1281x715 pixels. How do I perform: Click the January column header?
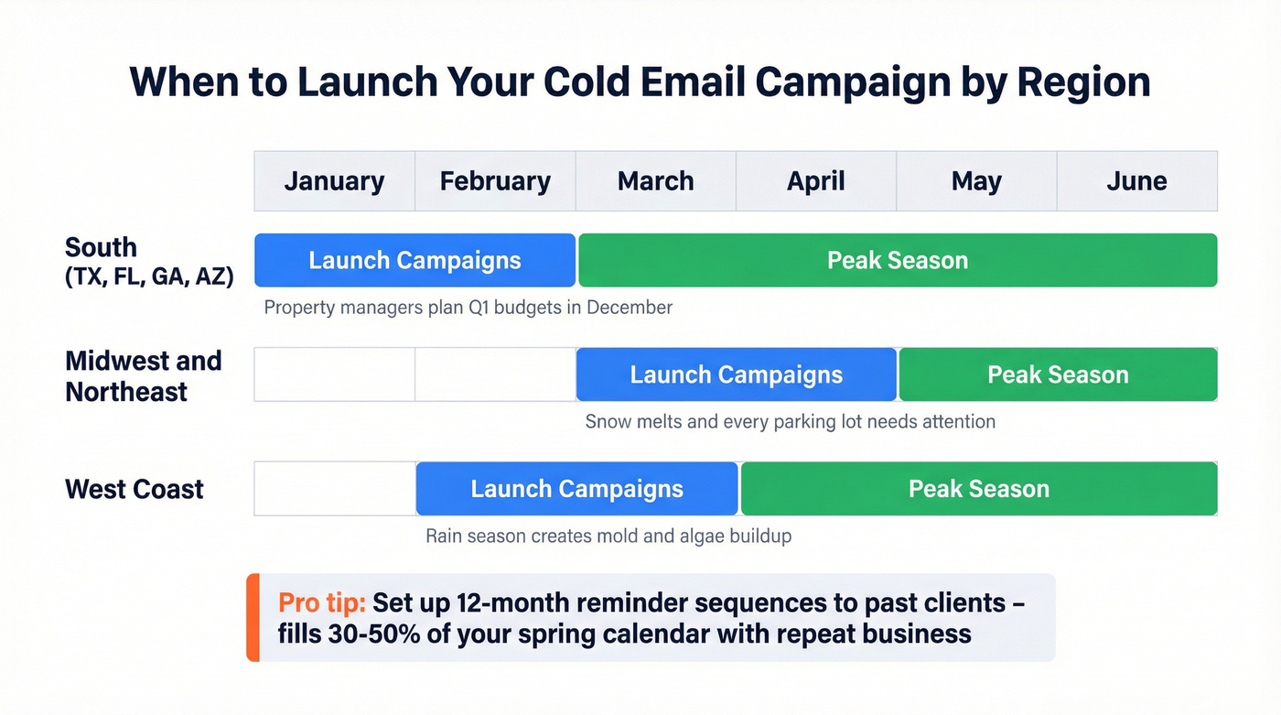pyautogui.click(x=334, y=181)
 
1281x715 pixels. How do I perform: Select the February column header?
pyautogui.click(x=495, y=181)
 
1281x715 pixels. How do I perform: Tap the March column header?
pyautogui.click(x=655, y=181)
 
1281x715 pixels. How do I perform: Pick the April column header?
pyautogui.click(x=816, y=181)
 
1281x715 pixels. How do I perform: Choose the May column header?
pyautogui.click(x=976, y=181)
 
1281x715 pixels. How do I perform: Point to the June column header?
pyautogui.click(x=1136, y=181)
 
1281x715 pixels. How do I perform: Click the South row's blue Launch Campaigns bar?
pyautogui.click(x=414, y=260)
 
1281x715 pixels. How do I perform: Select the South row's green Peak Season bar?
pyautogui.click(x=898, y=260)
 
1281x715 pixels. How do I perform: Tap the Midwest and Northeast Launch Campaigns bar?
pyautogui.click(x=736, y=374)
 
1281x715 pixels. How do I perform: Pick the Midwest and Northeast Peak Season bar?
pyautogui.click(x=1058, y=374)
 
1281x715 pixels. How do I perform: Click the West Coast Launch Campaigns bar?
pyautogui.click(x=576, y=489)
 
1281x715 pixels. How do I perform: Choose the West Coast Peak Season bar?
pyautogui.click(x=978, y=489)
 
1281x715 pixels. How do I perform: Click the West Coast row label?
pyautogui.click(x=135, y=489)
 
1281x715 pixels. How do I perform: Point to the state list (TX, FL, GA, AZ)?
pyautogui.click(x=149, y=276)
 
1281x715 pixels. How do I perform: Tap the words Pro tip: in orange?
pyautogui.click(x=322, y=603)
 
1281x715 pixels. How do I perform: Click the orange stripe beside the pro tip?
pyautogui.click(x=253, y=618)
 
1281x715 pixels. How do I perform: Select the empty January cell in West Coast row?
pyautogui.click(x=334, y=489)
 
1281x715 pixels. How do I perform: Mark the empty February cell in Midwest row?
pyautogui.click(x=495, y=374)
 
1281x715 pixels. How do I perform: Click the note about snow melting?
pyautogui.click(x=790, y=422)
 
